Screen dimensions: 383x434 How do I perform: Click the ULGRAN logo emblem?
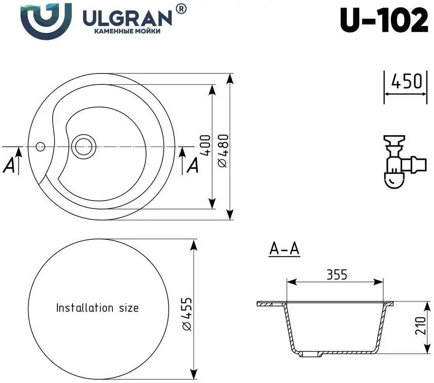click(x=46, y=22)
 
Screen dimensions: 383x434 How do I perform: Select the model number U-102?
click(x=384, y=21)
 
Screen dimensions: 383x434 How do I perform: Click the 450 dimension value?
click(x=406, y=82)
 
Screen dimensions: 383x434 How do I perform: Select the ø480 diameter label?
click(x=223, y=150)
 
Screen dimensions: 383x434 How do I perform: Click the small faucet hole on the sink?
click(x=41, y=146)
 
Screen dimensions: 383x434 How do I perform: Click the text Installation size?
click(x=97, y=308)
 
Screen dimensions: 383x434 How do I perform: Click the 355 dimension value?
click(x=336, y=274)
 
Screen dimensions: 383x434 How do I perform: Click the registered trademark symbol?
click(x=181, y=8)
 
